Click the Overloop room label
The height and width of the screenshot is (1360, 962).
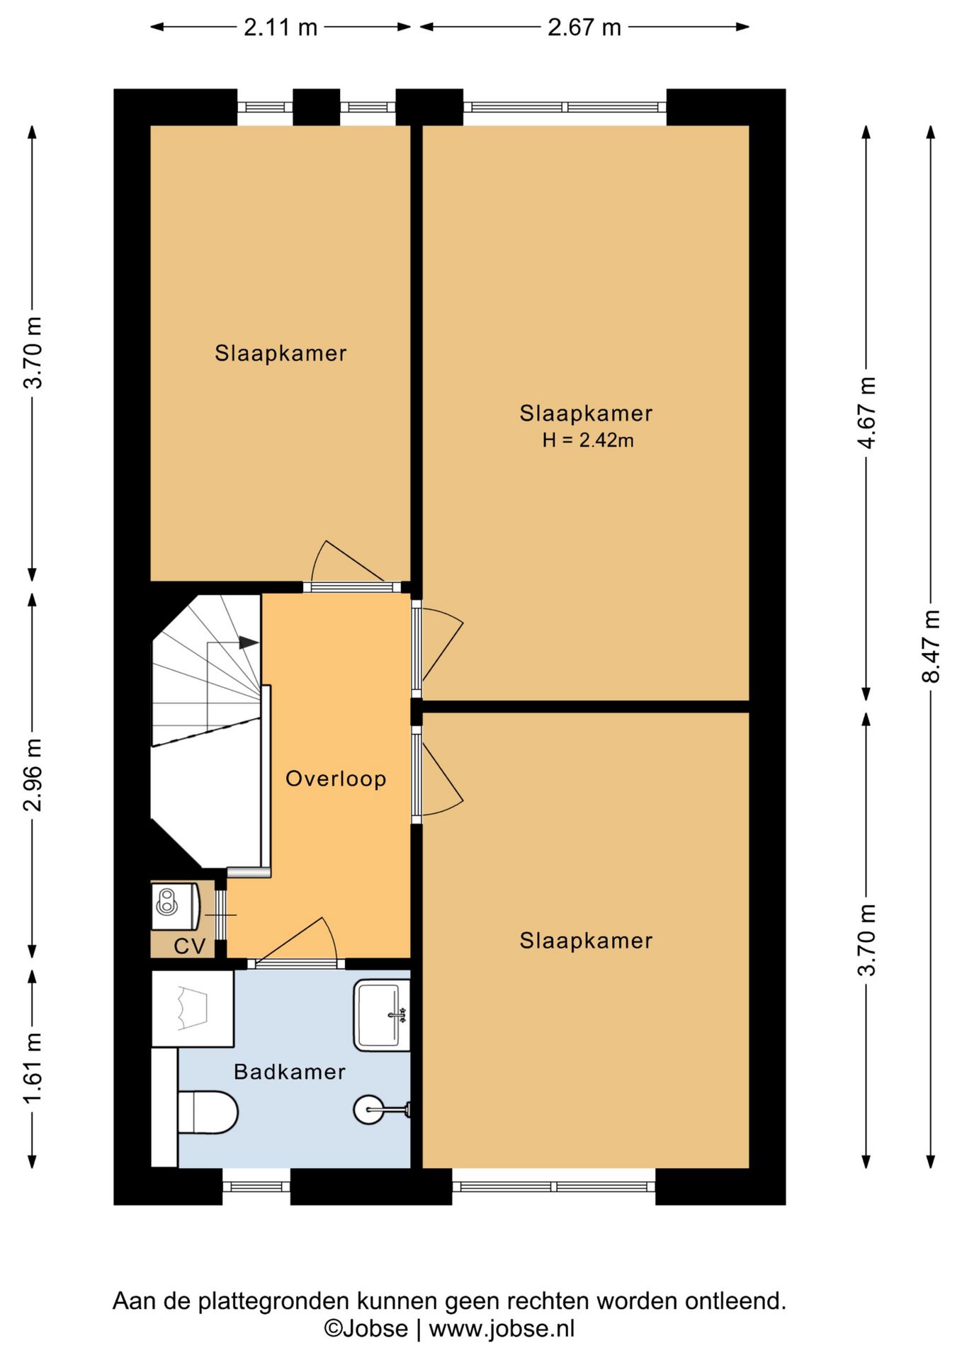[x=336, y=778]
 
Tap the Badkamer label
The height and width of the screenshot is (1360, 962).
[x=290, y=1072]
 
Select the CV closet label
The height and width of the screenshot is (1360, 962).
[x=189, y=946]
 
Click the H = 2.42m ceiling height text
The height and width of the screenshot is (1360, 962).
[x=588, y=440]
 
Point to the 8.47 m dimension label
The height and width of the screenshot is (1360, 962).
[x=931, y=646]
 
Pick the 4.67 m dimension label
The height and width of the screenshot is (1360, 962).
[x=866, y=412]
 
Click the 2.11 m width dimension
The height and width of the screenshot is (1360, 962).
[x=281, y=27]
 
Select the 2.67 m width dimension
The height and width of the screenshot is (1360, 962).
[x=584, y=27]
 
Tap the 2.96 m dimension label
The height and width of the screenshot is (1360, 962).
[x=33, y=774]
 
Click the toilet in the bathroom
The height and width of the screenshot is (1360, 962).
[x=208, y=1112]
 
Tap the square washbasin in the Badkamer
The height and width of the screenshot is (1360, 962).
[x=382, y=1015]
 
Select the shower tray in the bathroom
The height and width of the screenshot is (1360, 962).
[x=193, y=1009]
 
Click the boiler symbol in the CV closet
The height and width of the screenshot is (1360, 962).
[x=176, y=906]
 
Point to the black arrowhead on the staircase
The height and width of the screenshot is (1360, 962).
[x=249, y=642]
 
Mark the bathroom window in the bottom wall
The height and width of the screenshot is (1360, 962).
[x=256, y=1186]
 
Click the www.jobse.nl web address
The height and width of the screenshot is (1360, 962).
[x=502, y=1328]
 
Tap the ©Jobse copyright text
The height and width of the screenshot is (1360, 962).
[x=366, y=1328]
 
